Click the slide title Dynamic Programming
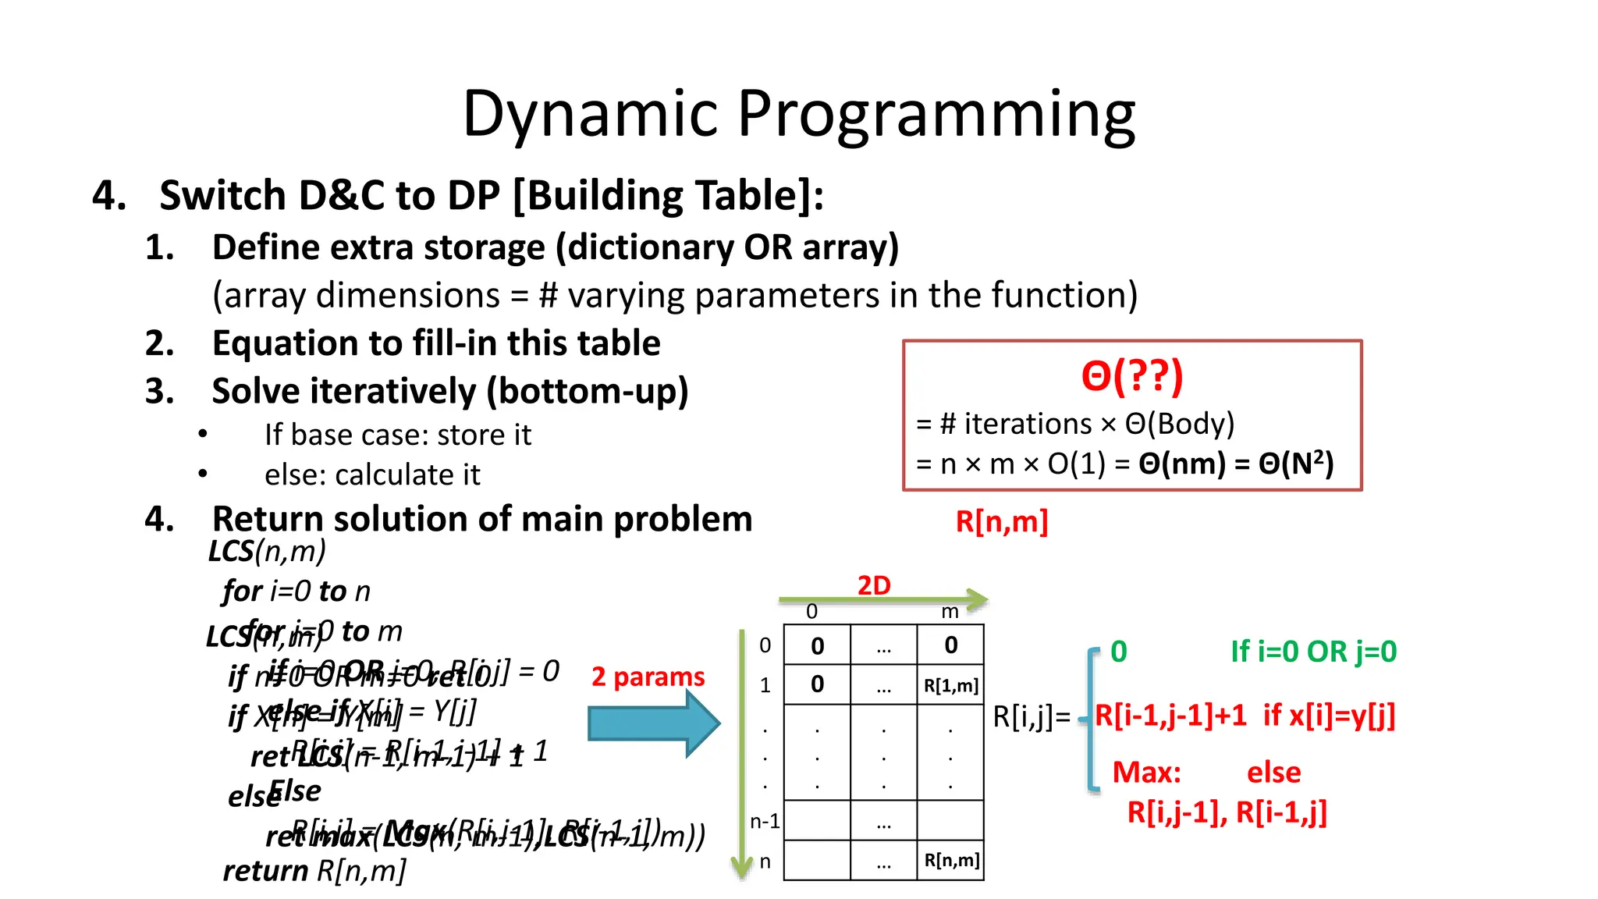[x=798, y=115]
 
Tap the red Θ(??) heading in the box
[x=1131, y=376]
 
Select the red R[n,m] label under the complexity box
[x=1001, y=521]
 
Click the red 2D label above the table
[x=874, y=585]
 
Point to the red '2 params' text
[x=648, y=677]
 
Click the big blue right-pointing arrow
[x=653, y=723]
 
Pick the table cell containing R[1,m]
[x=950, y=685]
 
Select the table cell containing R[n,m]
[x=950, y=860]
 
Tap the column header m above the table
[x=949, y=612]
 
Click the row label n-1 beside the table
[x=765, y=821]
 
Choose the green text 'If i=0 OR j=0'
[x=1313, y=652]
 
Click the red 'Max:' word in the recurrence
[x=1146, y=773]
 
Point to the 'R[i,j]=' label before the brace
[x=1032, y=716]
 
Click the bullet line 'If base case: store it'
[x=397, y=435]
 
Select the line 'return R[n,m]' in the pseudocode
[x=314, y=871]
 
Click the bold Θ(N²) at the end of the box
[x=1295, y=464]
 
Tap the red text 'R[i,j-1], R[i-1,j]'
[x=1227, y=813]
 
